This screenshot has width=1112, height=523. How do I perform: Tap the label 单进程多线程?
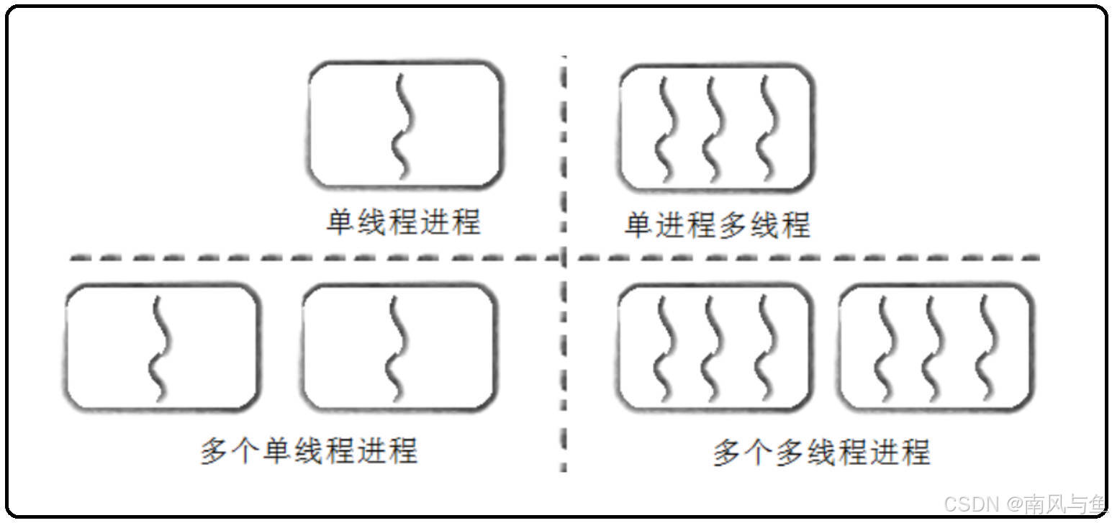click(x=717, y=224)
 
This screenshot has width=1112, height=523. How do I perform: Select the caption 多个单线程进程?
click(x=309, y=451)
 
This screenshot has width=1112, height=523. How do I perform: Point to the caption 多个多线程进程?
click(x=821, y=452)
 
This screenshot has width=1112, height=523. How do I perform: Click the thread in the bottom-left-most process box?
click(x=160, y=349)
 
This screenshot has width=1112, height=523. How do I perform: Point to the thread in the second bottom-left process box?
click(x=395, y=349)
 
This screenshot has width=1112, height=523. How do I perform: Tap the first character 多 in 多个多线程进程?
click(x=726, y=452)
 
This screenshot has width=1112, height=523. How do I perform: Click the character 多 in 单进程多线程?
click(x=733, y=224)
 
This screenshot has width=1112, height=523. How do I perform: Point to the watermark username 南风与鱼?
click(x=1064, y=503)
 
